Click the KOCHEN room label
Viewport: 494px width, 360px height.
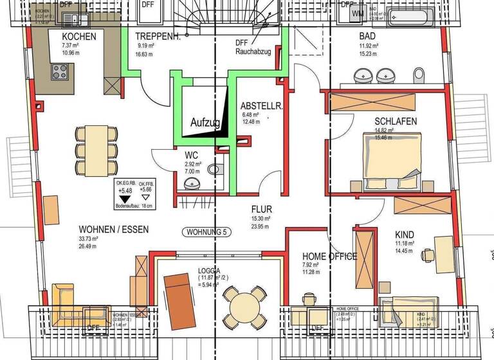79,37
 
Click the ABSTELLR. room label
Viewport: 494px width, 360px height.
261,105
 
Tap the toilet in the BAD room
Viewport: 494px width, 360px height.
419,75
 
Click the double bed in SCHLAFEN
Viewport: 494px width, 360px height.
392,161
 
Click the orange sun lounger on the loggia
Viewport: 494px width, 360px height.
180,301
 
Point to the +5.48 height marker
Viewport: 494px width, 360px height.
124,190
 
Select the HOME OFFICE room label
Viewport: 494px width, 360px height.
329,256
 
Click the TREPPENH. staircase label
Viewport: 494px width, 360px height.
158,37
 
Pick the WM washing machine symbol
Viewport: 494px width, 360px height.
358,12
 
